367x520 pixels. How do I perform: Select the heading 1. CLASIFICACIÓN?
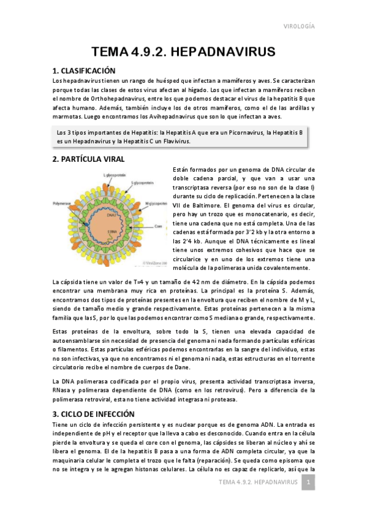click(92, 71)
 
